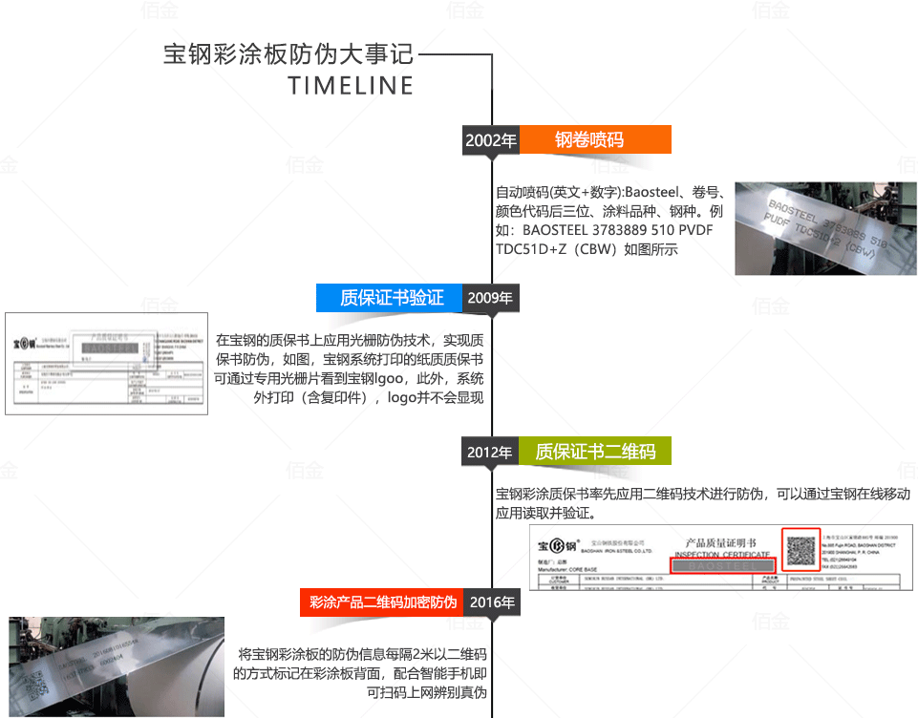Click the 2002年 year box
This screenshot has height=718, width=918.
click(491, 140)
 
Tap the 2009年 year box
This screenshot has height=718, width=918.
click(490, 298)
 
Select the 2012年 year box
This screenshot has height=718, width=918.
click(490, 452)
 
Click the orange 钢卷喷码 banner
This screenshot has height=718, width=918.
click(594, 140)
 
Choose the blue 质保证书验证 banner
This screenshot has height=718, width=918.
click(390, 298)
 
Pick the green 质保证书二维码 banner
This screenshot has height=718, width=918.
click(594, 452)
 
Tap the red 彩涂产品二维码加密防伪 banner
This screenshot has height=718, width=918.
click(383, 602)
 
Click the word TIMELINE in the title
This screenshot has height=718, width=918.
click(351, 85)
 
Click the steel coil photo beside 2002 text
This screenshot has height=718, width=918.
click(825, 227)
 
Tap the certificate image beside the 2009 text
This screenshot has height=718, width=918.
click(106, 363)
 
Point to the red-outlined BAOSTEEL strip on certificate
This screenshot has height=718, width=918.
click(721, 565)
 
